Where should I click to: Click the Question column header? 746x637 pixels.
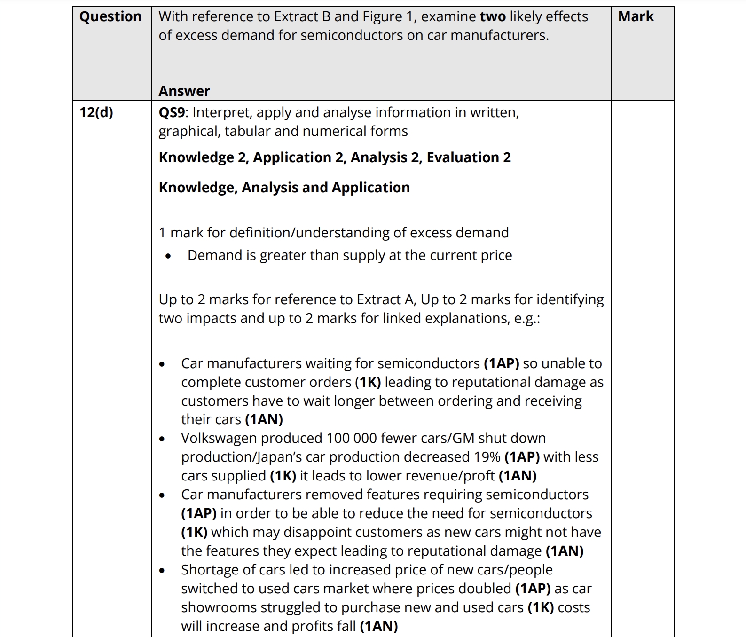point(110,16)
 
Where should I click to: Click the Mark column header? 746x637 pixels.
point(636,16)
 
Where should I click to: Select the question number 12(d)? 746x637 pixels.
point(96,112)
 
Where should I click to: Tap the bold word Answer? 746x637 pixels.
point(184,91)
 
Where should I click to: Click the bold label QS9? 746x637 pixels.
point(173,112)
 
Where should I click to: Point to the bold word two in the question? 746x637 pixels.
point(493,16)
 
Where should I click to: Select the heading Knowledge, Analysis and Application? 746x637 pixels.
point(284,188)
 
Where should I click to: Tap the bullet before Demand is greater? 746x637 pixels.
point(168,256)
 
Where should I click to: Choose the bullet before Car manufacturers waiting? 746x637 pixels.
point(162,364)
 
